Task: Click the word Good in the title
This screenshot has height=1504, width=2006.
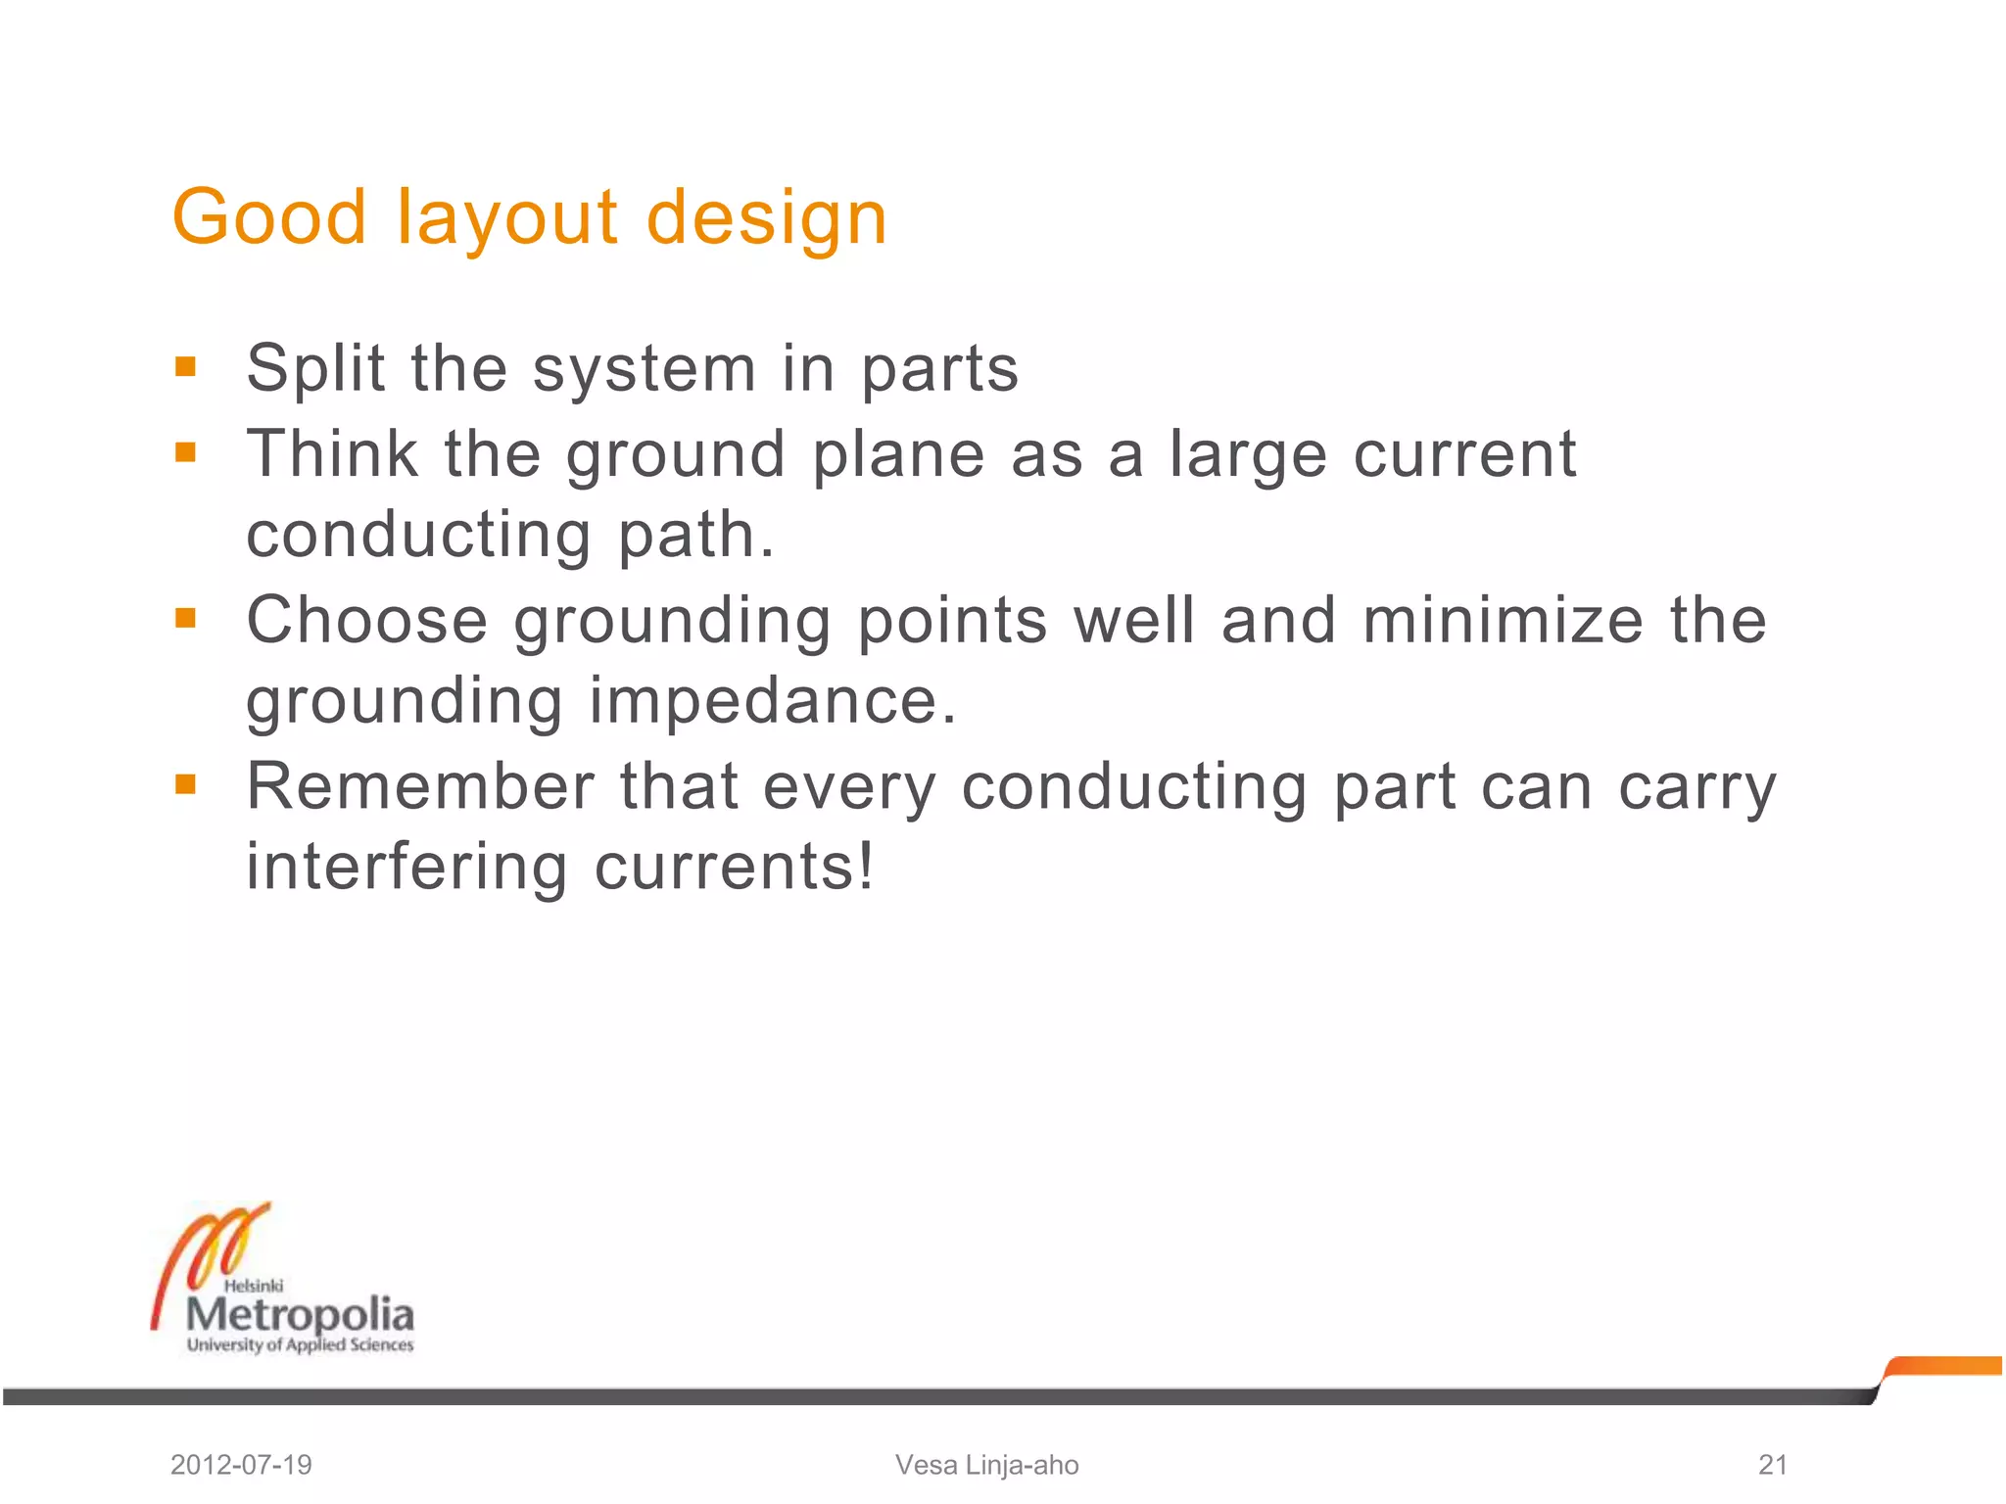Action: (269, 216)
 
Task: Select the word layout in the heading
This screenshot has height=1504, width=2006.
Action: (506, 218)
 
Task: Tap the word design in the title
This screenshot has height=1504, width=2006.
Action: (767, 218)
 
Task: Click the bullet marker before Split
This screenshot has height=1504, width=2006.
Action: (185, 367)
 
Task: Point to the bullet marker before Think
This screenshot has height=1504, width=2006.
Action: (185, 452)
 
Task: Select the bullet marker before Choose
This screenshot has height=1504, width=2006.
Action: (185, 618)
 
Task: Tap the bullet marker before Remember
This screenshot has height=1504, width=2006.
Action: (185, 784)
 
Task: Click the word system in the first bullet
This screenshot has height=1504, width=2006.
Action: (644, 369)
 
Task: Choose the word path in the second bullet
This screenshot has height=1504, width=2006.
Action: (695, 536)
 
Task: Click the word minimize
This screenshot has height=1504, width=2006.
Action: (1503, 620)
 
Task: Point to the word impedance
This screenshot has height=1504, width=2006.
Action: (772, 702)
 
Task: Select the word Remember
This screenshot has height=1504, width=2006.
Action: (420, 785)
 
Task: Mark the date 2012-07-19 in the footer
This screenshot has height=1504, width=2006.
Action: (241, 1465)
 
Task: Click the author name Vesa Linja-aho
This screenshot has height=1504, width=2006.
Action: (986, 1465)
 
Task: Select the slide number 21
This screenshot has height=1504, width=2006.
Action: (1773, 1465)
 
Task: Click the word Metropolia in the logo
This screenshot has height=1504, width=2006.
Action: (300, 1314)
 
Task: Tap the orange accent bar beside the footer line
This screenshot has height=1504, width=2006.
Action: (1943, 1366)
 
